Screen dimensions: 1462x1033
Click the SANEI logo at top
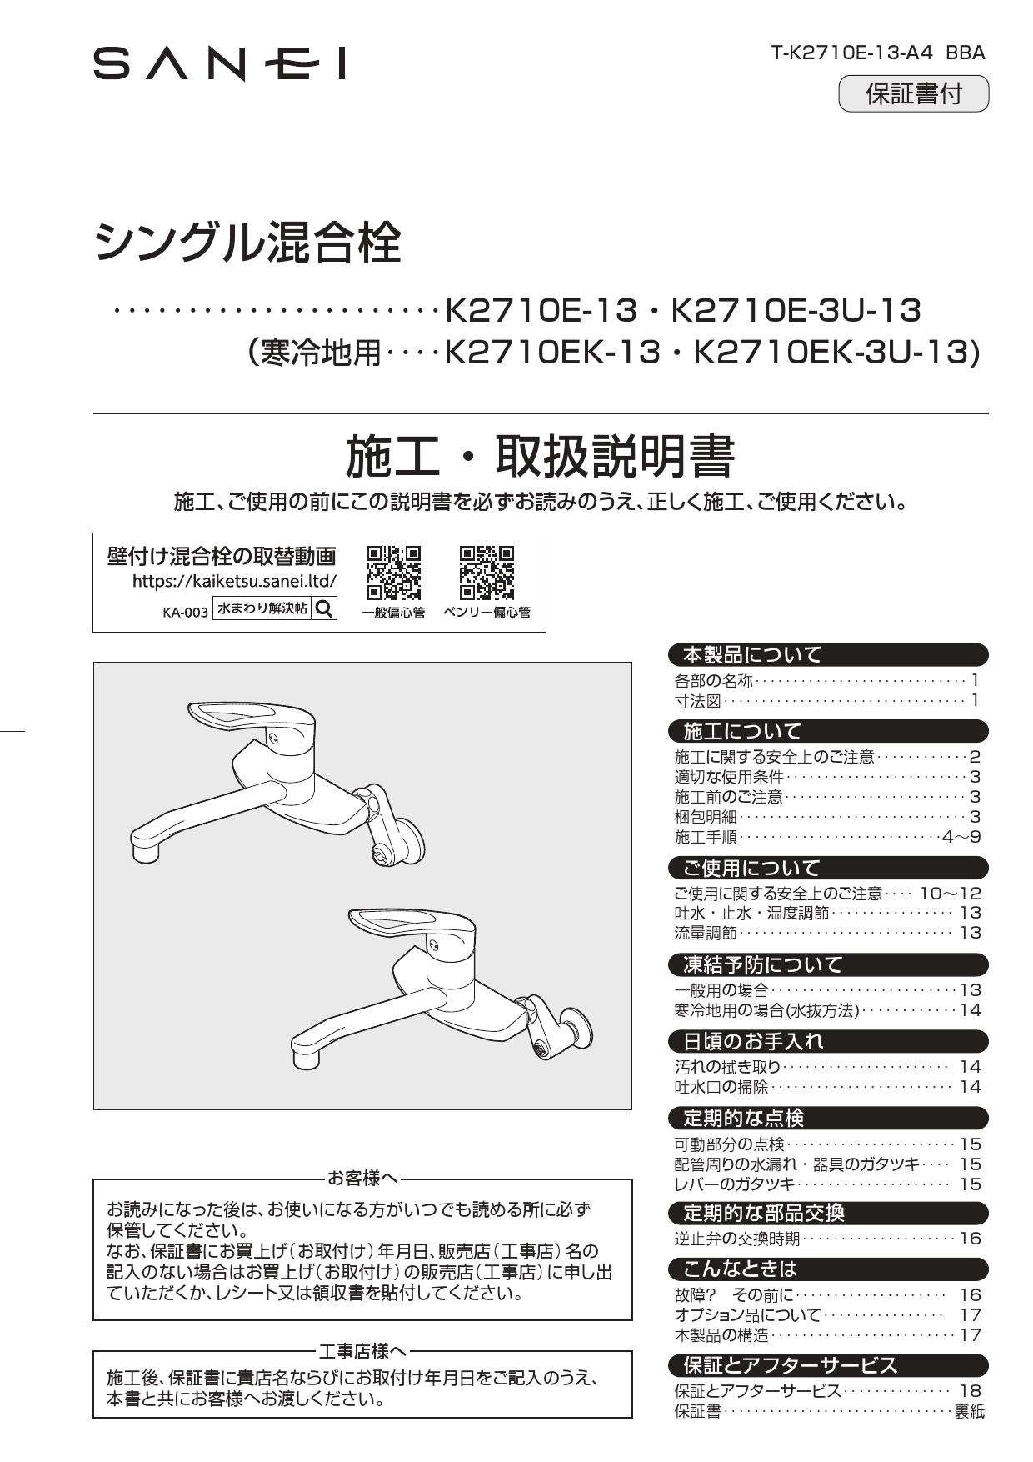[x=219, y=64]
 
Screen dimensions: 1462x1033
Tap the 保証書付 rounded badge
[x=913, y=93]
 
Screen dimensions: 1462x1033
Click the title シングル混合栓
[x=247, y=243]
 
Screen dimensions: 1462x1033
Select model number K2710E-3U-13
[x=796, y=311]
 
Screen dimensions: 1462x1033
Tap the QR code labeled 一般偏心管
[x=393, y=573]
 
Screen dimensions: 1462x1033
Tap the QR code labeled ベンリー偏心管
[x=487, y=573]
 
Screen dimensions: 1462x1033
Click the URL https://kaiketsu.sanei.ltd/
[x=234, y=581]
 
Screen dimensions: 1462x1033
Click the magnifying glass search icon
[x=324, y=608]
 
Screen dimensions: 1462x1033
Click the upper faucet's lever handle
[x=242, y=718]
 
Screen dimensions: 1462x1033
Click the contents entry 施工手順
[x=706, y=836]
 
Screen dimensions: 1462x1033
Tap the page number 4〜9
[x=961, y=836]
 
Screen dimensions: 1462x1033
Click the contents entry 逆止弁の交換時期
[x=736, y=1238]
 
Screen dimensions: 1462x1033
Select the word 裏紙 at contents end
[x=969, y=1411]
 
